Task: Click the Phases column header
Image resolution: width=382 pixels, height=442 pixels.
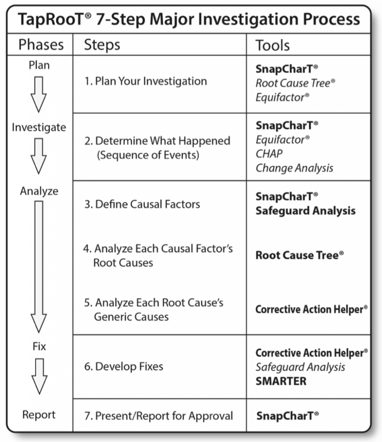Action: [x=41, y=45]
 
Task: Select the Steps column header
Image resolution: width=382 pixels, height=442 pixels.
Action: [x=102, y=45]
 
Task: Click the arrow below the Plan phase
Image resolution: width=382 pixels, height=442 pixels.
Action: [x=39, y=94]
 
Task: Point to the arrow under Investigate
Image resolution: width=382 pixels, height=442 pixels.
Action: [x=39, y=155]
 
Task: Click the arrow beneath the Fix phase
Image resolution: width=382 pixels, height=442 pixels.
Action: [x=39, y=376]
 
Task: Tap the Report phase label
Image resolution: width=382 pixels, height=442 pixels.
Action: [x=39, y=415]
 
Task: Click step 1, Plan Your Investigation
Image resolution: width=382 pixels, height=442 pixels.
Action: [x=145, y=81]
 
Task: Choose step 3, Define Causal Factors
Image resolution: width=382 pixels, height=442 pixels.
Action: [x=142, y=204]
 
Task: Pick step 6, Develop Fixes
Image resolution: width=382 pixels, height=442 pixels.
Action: [x=123, y=367]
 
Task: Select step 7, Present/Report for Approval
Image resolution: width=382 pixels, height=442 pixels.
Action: [x=158, y=416]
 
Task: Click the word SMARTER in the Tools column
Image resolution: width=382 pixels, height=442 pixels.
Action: [x=281, y=381]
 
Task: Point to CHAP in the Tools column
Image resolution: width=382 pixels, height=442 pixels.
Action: [x=269, y=154]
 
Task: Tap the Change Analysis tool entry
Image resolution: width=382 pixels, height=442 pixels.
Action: [x=294, y=168]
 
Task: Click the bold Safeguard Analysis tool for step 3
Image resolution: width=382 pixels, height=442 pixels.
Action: [x=306, y=211]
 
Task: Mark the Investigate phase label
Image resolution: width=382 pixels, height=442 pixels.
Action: [x=39, y=128]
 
